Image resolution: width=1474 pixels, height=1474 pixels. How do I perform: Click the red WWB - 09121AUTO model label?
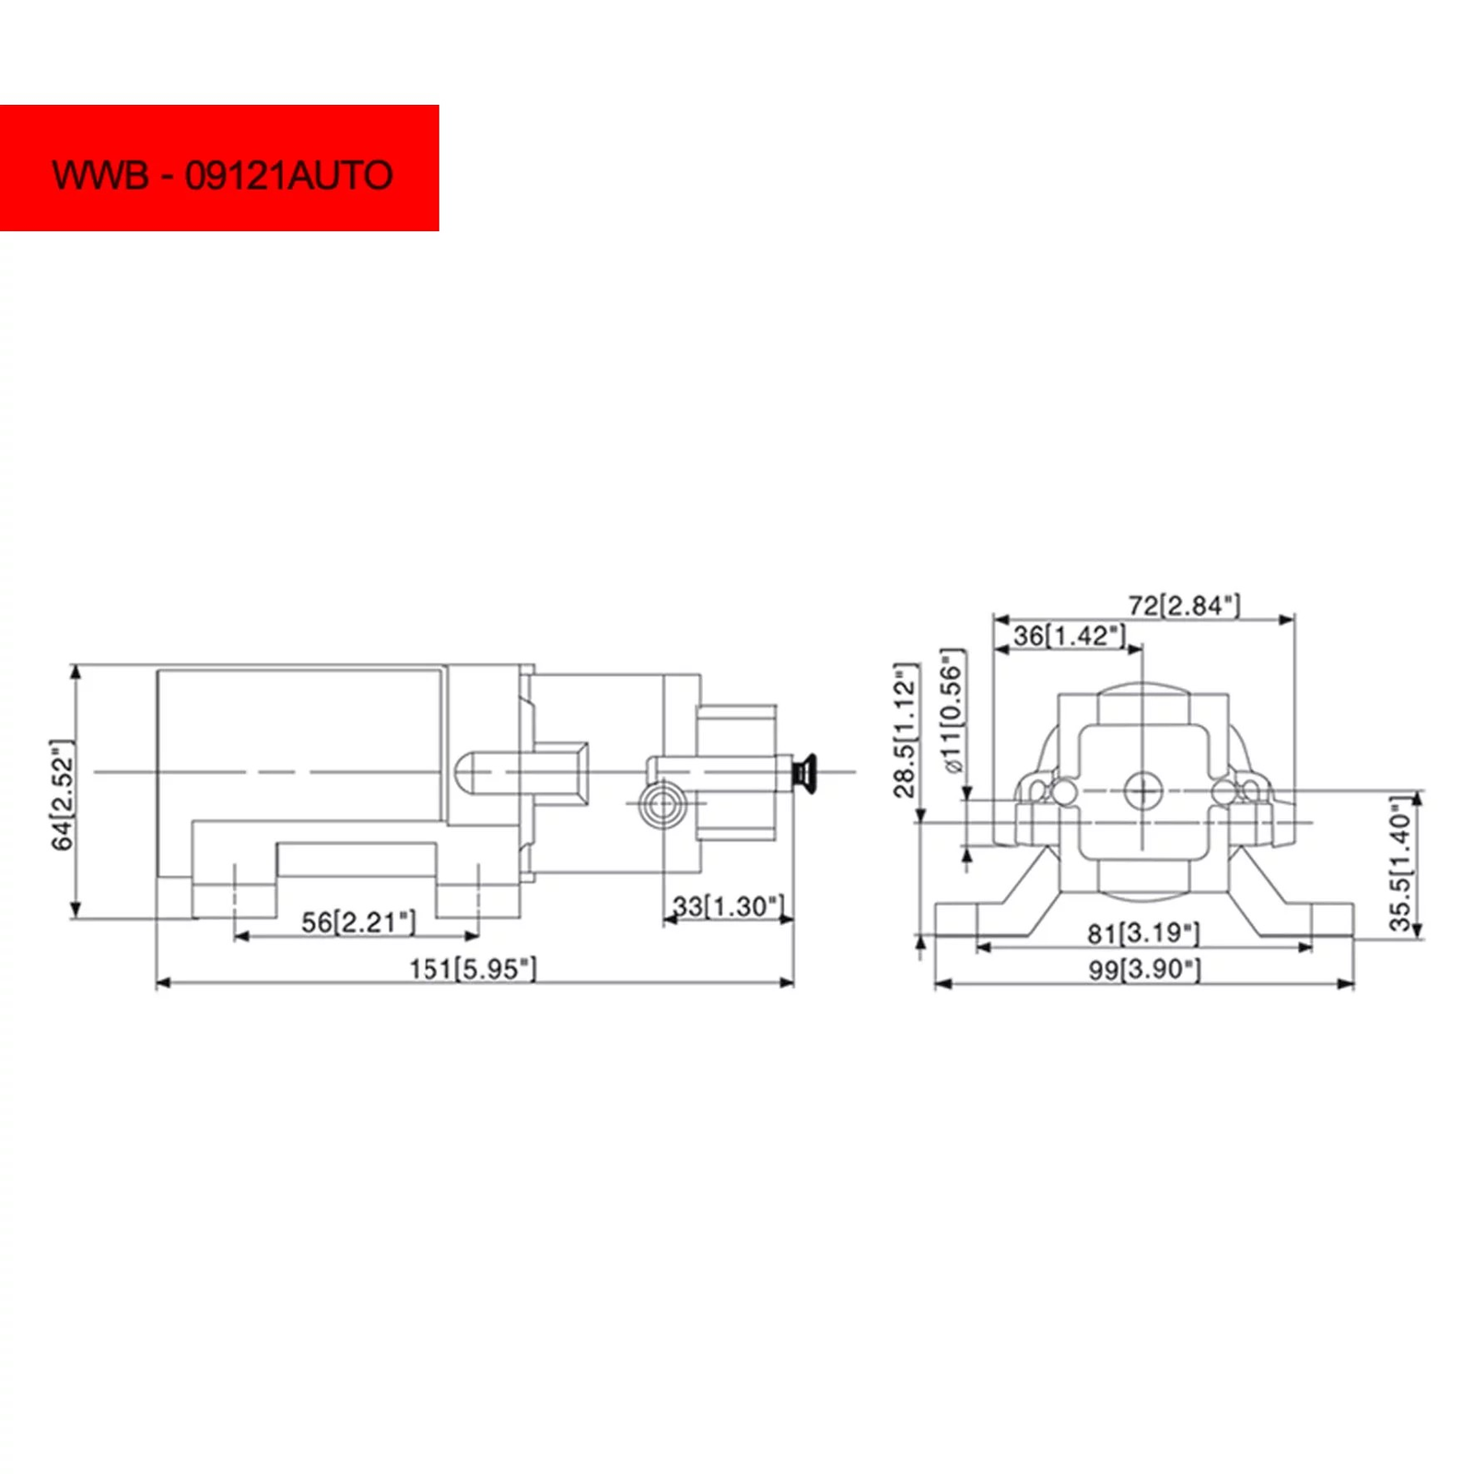(219, 168)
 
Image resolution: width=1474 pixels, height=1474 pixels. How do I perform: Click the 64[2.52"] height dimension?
(63, 795)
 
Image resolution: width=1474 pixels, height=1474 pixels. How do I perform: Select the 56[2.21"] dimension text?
(358, 922)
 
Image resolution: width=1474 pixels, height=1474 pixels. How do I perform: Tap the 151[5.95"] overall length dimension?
(473, 968)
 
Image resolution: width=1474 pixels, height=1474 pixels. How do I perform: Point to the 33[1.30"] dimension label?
(729, 907)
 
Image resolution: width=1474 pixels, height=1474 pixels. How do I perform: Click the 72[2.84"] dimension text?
(1184, 605)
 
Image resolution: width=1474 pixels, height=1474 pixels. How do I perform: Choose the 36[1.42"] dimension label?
(1070, 636)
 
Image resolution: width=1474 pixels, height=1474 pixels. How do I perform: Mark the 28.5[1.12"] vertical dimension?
(907, 731)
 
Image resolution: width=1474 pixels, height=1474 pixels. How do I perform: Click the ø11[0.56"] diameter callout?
(952, 712)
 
